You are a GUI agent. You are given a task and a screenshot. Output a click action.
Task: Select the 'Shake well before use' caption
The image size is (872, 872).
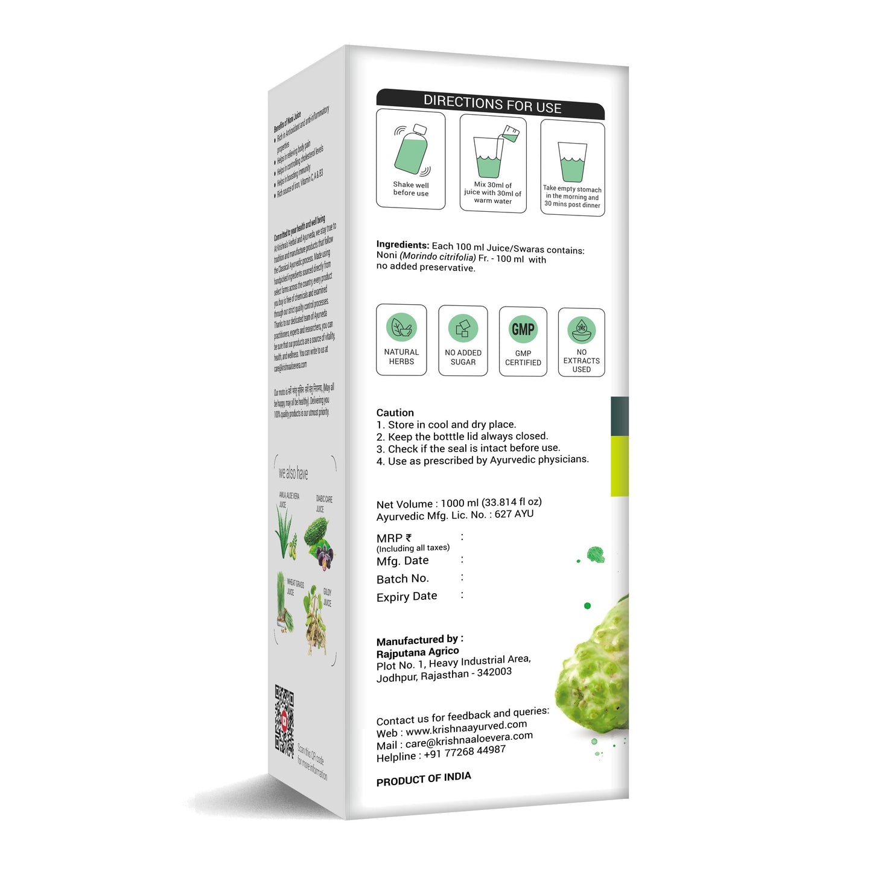pyautogui.click(x=411, y=189)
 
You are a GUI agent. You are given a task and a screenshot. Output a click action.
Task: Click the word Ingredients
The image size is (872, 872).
pyautogui.click(x=403, y=244)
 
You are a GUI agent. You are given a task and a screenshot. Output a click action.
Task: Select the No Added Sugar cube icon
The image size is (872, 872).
pyautogui.click(x=463, y=328)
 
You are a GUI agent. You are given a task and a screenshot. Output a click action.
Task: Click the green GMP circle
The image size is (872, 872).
pyautogui.click(x=523, y=329)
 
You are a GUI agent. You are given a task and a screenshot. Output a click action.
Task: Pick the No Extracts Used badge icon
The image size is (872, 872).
pyautogui.click(x=582, y=329)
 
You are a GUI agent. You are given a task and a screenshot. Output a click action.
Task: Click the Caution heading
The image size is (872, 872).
pyautogui.click(x=395, y=413)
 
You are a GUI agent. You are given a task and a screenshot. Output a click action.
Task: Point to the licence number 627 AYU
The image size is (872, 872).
pyautogui.click(x=514, y=514)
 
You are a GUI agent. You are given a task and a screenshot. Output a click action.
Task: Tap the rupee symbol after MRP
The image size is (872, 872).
pyautogui.click(x=409, y=537)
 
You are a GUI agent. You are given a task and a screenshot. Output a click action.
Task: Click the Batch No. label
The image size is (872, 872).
pyautogui.click(x=403, y=579)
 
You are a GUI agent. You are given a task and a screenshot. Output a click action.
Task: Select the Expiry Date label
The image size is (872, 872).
pyautogui.click(x=407, y=596)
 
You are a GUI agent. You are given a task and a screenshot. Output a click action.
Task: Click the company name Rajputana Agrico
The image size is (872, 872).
pyautogui.click(x=418, y=652)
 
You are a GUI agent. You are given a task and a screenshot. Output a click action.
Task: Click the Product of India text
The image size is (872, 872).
pyautogui.click(x=424, y=779)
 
